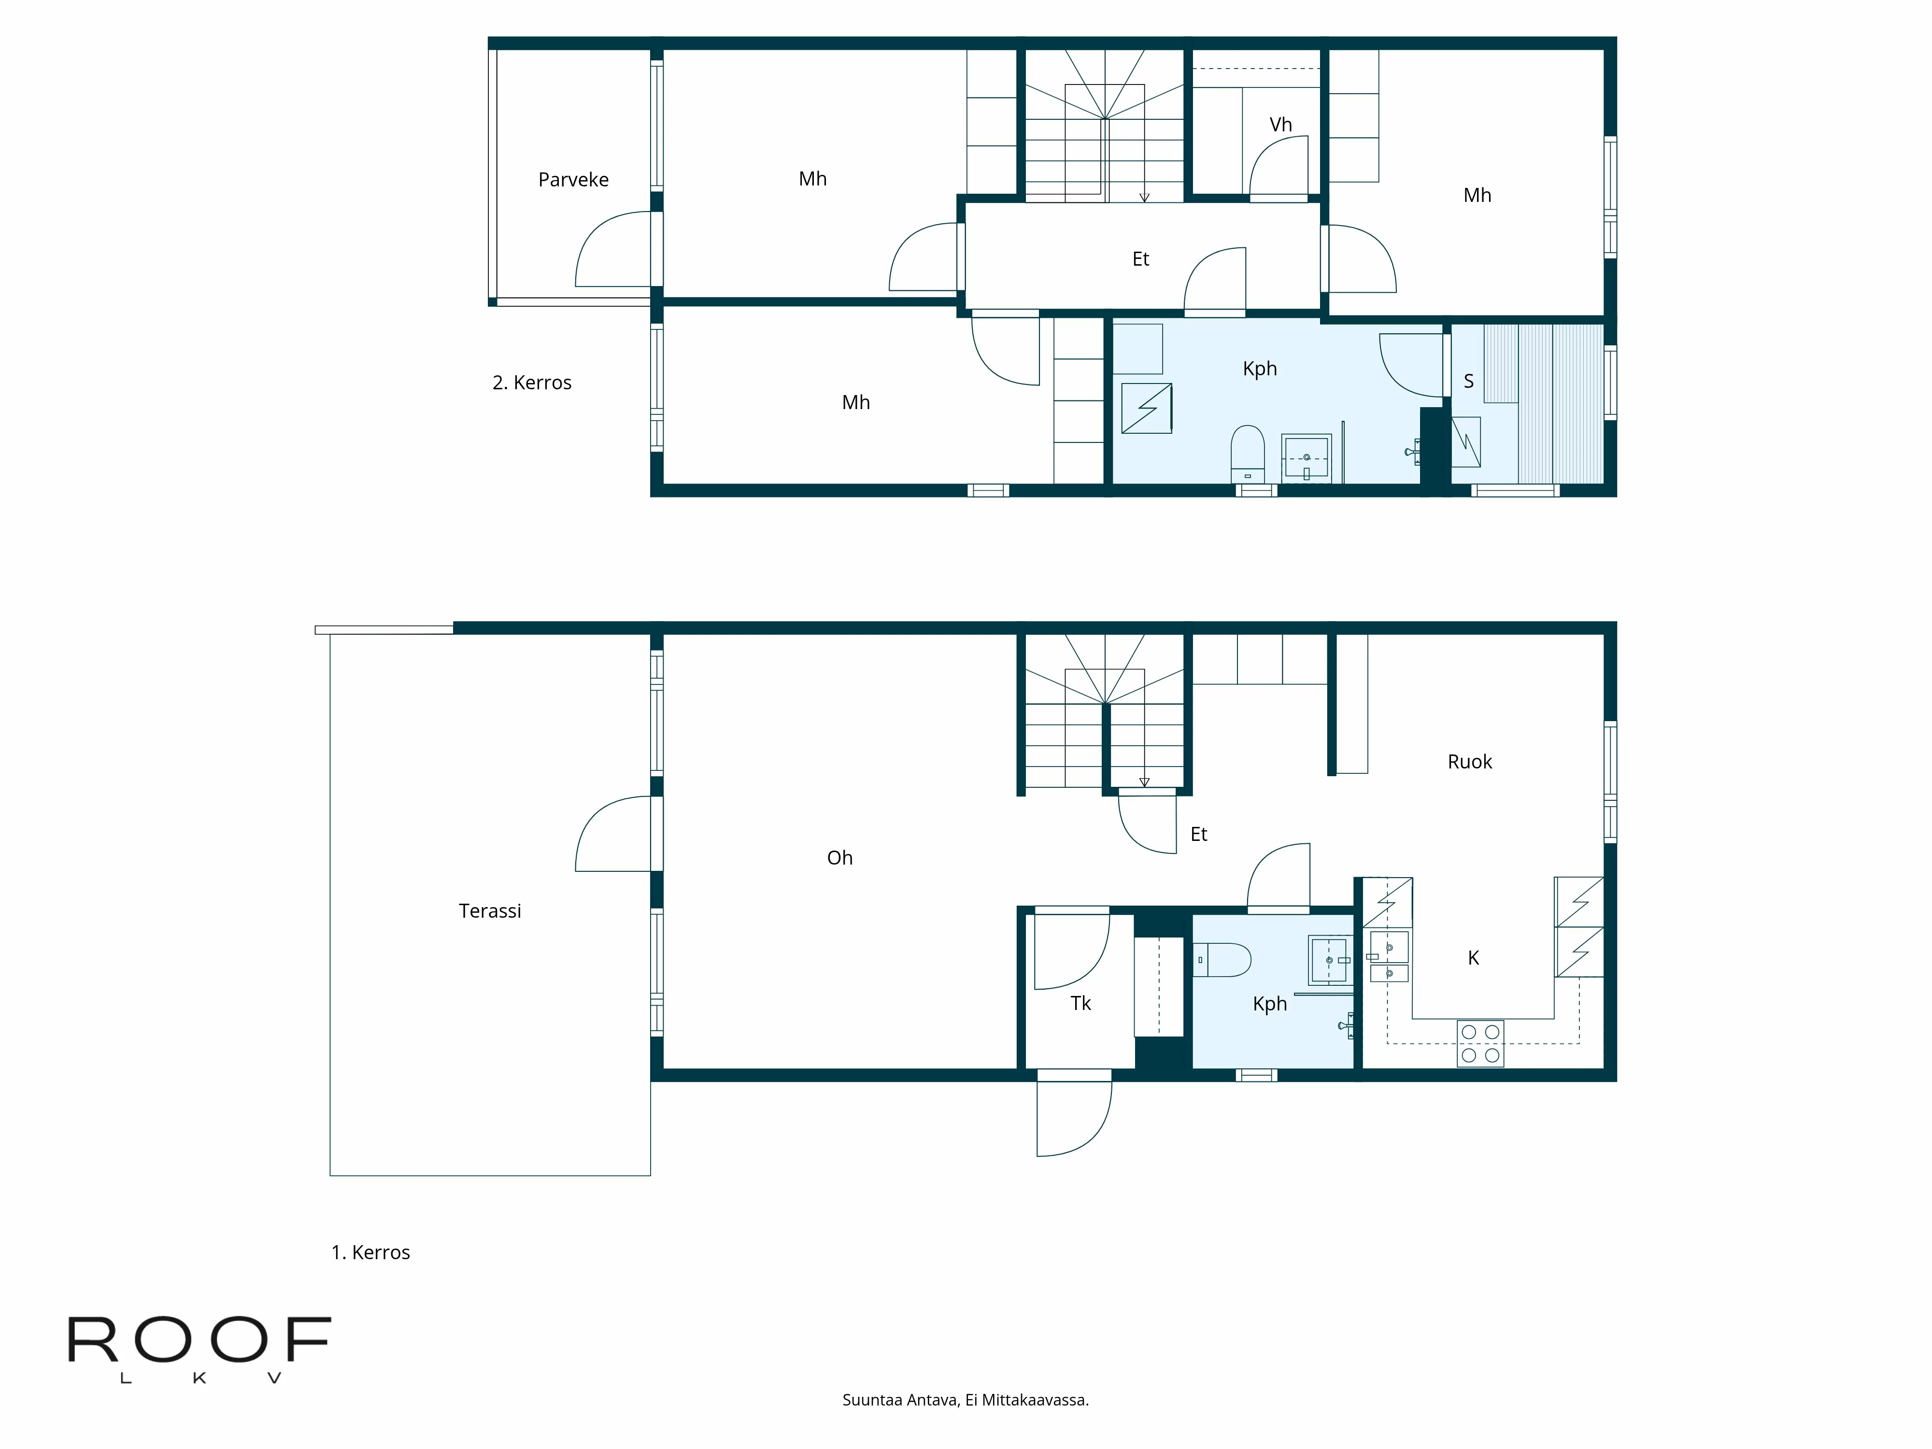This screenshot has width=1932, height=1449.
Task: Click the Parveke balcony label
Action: point(573,180)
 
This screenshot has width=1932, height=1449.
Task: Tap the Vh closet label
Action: point(1280,125)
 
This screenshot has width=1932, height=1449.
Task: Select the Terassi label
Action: point(489,911)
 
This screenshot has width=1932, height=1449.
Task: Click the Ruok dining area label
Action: point(1469,762)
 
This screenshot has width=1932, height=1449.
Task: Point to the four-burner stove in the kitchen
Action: point(1480,1043)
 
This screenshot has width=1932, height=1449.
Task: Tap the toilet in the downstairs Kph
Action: point(1223,959)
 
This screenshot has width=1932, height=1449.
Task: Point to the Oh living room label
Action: point(839,858)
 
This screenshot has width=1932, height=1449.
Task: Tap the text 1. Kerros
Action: point(370,1252)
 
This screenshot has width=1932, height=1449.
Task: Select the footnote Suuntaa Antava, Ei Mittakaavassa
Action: point(965,1400)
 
